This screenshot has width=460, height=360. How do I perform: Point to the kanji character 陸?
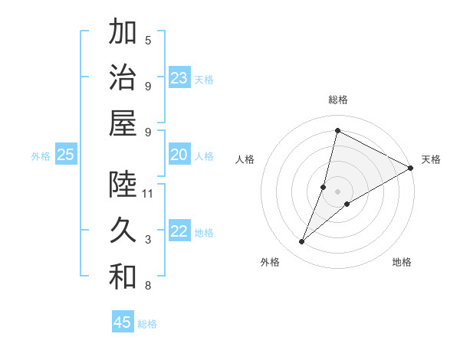point(123,184)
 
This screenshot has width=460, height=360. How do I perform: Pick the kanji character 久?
point(123,230)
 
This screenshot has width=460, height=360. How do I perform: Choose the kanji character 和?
point(123,277)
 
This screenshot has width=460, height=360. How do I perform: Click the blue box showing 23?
point(179,78)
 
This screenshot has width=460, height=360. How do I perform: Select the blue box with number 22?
point(179,232)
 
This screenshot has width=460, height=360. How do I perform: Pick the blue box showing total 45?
point(123,322)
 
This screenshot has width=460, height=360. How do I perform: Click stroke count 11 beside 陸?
point(149,194)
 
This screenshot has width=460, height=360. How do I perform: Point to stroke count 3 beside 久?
point(148,240)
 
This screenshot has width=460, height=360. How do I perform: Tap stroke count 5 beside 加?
point(148,40)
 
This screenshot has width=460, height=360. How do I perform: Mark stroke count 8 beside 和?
point(148,286)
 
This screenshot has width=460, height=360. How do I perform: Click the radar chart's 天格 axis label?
point(431,159)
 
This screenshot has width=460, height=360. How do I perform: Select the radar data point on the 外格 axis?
point(302,242)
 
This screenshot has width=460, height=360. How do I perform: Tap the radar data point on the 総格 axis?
point(337,130)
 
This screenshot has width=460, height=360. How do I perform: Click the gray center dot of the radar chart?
point(338,191)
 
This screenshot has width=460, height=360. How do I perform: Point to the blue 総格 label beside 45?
point(147,324)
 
